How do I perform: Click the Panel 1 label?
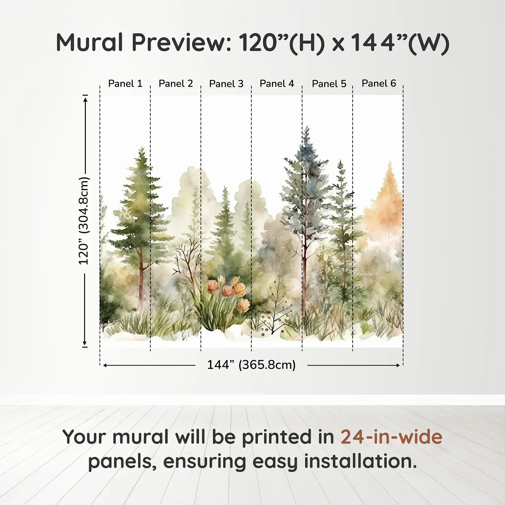coord(125,84)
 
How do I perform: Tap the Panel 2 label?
coord(176,84)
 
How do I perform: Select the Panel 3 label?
coord(226,84)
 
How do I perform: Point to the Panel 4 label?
coord(277,84)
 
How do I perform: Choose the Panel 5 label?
coord(329,84)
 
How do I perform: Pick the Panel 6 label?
coord(379,83)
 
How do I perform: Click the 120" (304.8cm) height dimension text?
coord(84,221)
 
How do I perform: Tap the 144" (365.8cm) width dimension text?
coord(251,365)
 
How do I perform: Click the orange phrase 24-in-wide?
coord(391,437)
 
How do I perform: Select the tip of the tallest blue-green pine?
coord(307,128)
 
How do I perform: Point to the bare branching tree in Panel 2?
coord(188,260)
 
